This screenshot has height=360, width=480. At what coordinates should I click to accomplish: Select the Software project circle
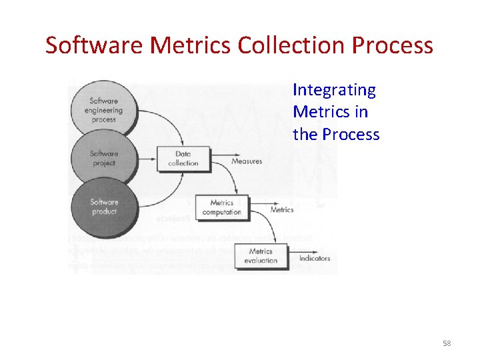pyautogui.click(x=103, y=158)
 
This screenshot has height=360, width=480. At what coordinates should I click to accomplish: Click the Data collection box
pyautogui.click(x=183, y=159)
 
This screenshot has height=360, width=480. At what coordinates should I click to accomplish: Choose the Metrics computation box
pyautogui.click(x=222, y=207)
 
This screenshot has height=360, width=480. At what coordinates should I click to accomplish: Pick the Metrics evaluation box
pyautogui.click(x=261, y=256)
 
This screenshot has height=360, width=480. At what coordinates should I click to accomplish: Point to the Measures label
pyautogui.click(x=247, y=161)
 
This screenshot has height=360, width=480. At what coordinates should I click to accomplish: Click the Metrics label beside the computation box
pyautogui.click(x=282, y=209)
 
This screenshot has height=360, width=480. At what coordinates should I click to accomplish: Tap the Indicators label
pyautogui.click(x=315, y=259)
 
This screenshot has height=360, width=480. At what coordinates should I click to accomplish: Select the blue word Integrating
pyautogui.click(x=334, y=90)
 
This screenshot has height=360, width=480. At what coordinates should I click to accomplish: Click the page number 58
pyautogui.click(x=447, y=343)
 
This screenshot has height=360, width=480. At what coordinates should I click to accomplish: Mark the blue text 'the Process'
pyautogui.click(x=336, y=134)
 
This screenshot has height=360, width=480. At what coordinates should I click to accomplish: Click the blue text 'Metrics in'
pyautogui.click(x=330, y=112)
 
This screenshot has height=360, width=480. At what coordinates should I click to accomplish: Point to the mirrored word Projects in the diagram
pyautogui.click(x=173, y=217)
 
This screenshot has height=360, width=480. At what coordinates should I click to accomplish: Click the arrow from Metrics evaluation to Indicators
pyautogui.click(x=293, y=258)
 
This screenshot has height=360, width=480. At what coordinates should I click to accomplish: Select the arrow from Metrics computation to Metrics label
pyautogui.click(x=259, y=209)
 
